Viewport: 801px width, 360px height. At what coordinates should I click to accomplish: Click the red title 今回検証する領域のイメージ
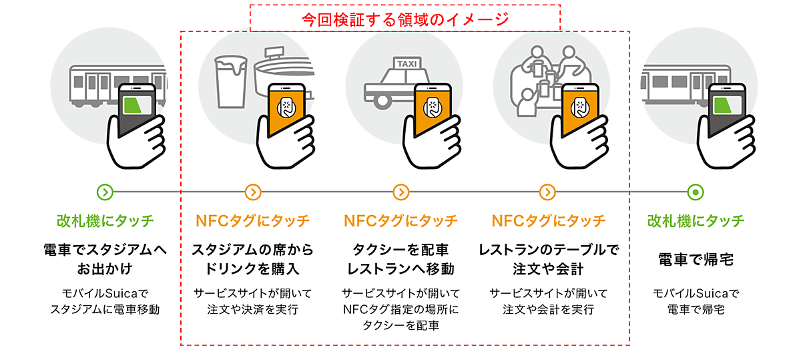tap(405, 19)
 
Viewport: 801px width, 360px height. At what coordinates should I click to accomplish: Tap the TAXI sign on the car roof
tap(407, 64)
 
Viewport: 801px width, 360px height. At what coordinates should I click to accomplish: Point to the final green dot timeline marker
tap(696, 192)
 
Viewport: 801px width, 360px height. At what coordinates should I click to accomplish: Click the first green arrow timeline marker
tap(105, 192)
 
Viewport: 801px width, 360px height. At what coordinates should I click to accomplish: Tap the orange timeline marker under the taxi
tap(400, 192)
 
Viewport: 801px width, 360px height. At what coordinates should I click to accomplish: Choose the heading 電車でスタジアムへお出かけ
tap(105, 259)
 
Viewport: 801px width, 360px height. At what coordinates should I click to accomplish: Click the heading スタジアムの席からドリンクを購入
tap(252, 259)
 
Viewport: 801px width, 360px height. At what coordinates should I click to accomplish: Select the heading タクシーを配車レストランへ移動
tap(400, 259)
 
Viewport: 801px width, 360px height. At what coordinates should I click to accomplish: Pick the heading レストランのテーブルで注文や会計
tap(549, 259)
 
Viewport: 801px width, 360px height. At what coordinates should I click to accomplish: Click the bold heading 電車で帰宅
tap(696, 259)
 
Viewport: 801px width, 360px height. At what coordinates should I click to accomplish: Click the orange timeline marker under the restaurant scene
tap(548, 192)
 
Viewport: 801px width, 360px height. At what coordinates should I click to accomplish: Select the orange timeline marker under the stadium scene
tap(252, 192)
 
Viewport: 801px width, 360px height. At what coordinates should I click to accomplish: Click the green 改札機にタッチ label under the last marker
tap(696, 220)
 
